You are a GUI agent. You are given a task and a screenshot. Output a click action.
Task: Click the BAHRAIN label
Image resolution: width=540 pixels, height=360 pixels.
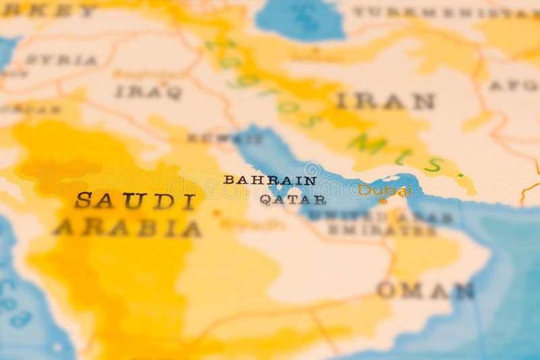270,180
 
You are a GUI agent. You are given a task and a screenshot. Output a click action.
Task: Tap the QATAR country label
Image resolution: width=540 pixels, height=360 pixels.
293,200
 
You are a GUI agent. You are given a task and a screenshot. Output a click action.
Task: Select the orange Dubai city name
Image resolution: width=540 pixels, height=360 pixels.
385,190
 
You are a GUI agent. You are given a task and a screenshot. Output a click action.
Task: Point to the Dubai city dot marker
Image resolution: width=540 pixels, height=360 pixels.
383,201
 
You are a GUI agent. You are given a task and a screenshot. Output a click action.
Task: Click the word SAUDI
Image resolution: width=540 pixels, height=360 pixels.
135,201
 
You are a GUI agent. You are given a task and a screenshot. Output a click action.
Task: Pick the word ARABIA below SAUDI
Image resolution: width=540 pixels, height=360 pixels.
128,228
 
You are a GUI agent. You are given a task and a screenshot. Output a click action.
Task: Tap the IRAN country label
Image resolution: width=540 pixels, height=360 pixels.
385,101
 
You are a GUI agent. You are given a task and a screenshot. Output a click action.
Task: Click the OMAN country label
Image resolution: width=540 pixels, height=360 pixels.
426,290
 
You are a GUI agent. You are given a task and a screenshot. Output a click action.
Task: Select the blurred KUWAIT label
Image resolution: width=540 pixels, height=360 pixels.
225,138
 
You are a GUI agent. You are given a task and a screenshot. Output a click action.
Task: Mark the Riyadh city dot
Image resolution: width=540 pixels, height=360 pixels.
217,212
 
